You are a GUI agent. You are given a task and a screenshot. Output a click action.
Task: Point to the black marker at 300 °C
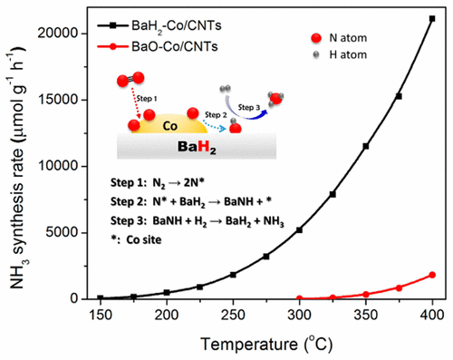pos(299,229)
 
